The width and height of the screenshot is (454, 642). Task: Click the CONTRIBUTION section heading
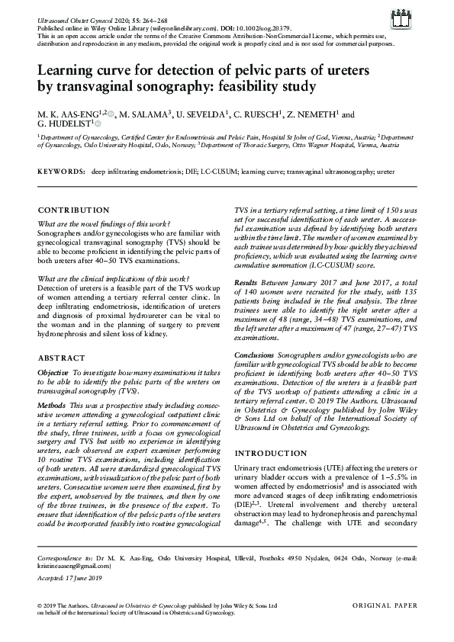pos(73,210)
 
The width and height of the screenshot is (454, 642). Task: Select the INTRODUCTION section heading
pos(269,452)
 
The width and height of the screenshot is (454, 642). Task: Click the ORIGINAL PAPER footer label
pos(385,605)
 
